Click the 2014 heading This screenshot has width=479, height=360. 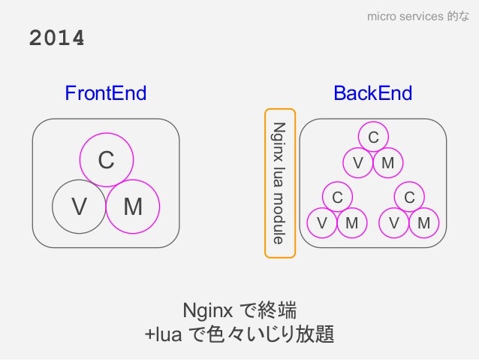coord(56,38)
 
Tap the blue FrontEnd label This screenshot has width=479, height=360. coord(105,93)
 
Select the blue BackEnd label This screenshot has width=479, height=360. coord(373,93)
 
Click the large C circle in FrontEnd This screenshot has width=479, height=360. coord(107,160)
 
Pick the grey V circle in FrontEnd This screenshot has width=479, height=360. coord(78,206)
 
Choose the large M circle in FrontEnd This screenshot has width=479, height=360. coord(134,206)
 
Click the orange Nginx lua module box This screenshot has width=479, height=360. coord(280,183)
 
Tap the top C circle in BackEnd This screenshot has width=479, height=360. coord(373,136)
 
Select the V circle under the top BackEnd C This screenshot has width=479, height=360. coord(358,163)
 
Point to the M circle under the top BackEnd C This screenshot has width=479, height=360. coord(388,163)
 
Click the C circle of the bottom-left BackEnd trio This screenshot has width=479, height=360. coord(337,197)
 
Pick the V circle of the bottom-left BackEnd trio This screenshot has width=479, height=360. coord(322,223)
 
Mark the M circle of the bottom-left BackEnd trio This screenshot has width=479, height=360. coord(351,223)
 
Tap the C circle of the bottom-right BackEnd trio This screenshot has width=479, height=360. coord(409,197)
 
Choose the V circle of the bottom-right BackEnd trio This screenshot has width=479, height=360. coord(394,223)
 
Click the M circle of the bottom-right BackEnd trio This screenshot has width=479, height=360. coord(423,223)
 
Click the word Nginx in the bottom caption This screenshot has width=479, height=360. coord(208,310)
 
